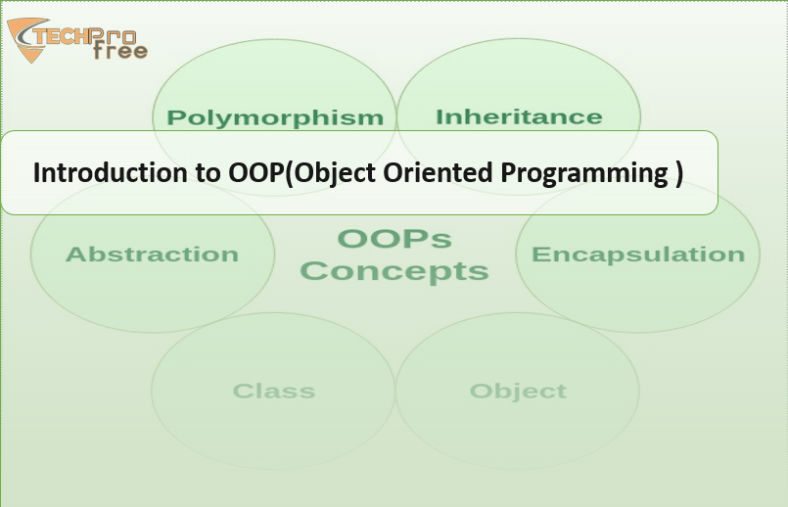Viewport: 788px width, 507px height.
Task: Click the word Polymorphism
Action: point(275,118)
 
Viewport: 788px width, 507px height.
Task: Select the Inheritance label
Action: point(519,116)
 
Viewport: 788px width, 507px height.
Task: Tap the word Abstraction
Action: point(152,254)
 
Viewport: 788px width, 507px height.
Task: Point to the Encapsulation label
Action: point(638,254)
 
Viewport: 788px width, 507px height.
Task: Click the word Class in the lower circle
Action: point(274,391)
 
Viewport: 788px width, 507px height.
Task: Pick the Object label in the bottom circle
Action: point(518,392)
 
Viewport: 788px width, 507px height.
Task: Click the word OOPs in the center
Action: point(394,239)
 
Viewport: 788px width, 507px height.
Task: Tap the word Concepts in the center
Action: point(394,271)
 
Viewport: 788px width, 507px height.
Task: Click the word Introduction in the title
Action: point(111,172)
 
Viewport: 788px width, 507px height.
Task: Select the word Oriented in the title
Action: point(438,172)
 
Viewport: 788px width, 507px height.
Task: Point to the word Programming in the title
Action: point(584,174)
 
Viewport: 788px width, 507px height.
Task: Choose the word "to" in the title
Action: point(209,173)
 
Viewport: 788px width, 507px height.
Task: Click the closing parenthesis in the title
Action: point(679,174)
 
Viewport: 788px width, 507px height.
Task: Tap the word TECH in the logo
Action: point(62,36)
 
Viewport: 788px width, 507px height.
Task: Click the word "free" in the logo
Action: point(120,50)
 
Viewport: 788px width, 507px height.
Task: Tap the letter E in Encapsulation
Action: point(539,254)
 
